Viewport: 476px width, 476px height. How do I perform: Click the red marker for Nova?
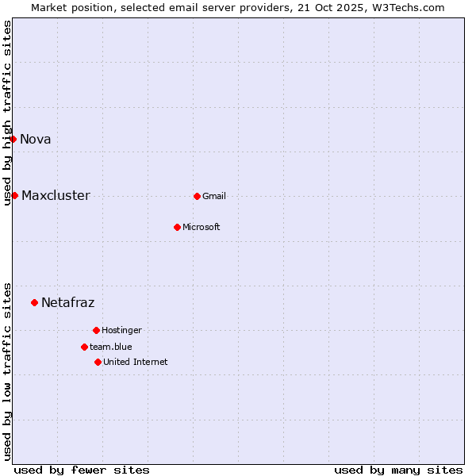coord(13,139)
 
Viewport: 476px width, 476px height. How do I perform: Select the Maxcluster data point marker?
coord(14,195)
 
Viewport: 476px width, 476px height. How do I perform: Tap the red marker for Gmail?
coord(197,196)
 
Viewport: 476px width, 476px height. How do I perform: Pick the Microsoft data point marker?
coord(177,227)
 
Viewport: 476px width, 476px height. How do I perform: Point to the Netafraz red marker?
coord(34,302)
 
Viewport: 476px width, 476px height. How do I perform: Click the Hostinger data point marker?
coord(96,330)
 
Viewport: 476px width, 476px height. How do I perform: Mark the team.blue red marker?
coord(84,347)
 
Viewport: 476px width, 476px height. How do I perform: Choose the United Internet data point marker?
coord(98,362)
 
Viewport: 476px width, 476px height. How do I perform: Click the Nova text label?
coord(36,140)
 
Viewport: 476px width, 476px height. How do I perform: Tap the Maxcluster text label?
coord(56,196)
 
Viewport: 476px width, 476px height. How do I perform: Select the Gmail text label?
coord(214,197)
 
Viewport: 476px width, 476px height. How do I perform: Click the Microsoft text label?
coord(202,228)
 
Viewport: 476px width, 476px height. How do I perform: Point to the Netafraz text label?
coord(68,303)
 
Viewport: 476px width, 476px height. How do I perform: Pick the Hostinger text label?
coord(121,331)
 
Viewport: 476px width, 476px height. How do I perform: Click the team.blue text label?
coord(111,347)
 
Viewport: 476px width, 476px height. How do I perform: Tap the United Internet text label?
coord(136,363)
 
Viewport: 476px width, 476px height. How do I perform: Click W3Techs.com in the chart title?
coord(408,7)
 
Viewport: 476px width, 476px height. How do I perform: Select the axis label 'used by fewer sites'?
coord(82,470)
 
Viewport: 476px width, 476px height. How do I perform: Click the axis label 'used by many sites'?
coord(398,470)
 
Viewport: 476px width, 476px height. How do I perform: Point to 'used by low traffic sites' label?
coord(8,370)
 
